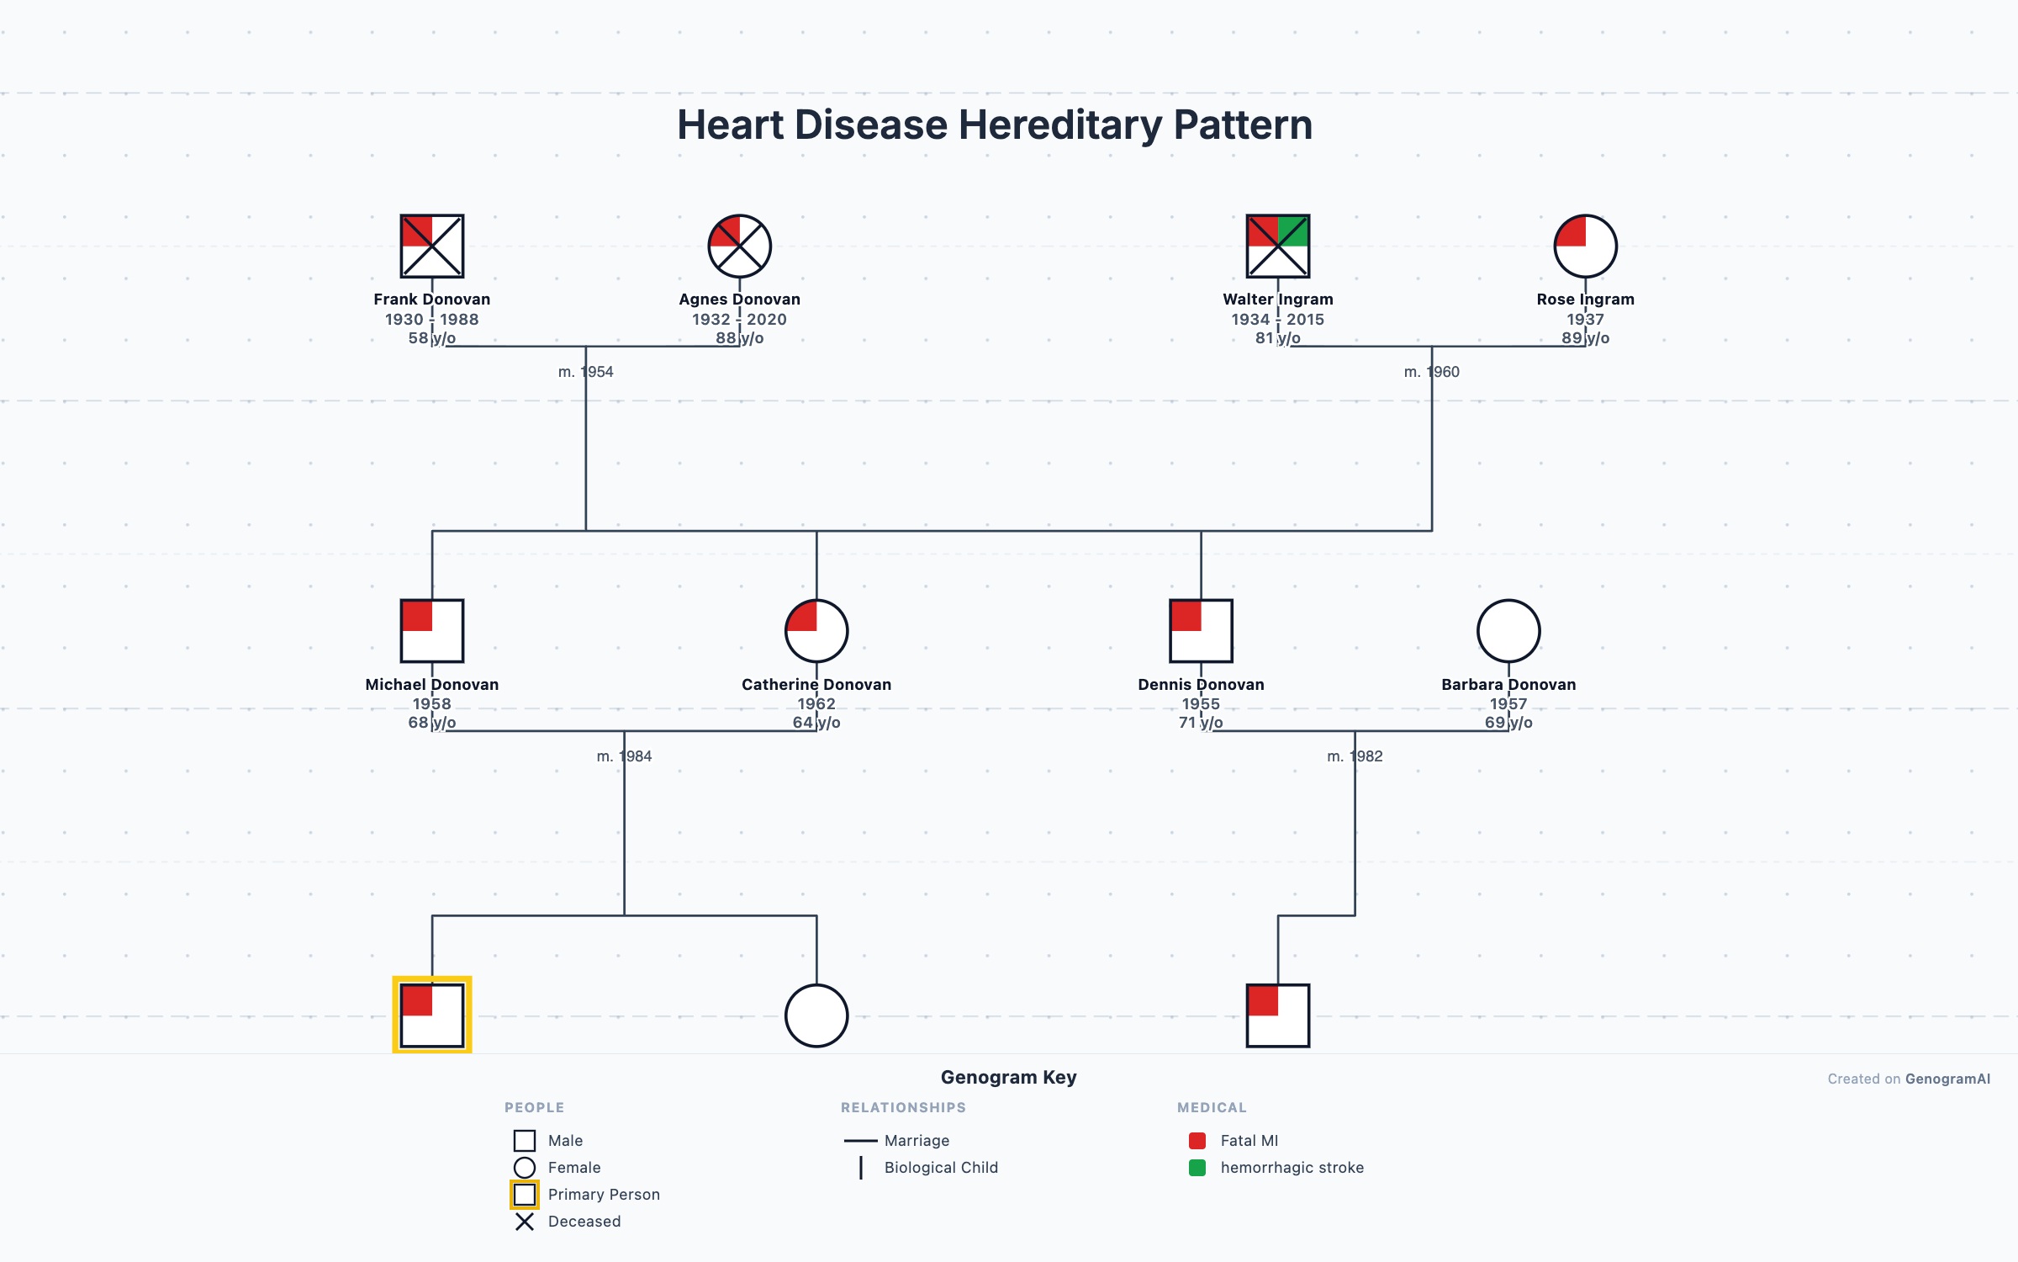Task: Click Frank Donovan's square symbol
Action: coord(431,246)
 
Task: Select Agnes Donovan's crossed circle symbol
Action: coord(739,246)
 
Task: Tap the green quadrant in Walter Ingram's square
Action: coord(1293,231)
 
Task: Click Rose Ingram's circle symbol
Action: coord(1585,246)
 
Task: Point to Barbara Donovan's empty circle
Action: coord(1508,631)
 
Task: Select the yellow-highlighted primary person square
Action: coord(431,1015)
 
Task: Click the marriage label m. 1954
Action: coord(585,372)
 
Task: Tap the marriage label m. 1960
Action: coord(1431,372)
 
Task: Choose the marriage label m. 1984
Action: coord(624,756)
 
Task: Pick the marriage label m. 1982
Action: coord(1355,756)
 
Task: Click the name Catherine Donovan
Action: coord(816,684)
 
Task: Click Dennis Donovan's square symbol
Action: coord(1201,631)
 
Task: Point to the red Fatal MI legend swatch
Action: coord(1197,1141)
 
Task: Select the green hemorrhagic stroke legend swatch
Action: coord(1197,1168)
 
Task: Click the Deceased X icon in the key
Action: coord(525,1222)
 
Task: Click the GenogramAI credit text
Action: coord(1947,1079)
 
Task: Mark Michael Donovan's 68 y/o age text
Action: coord(431,723)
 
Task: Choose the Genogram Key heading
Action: coord(1008,1077)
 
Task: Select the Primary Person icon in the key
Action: coord(525,1195)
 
